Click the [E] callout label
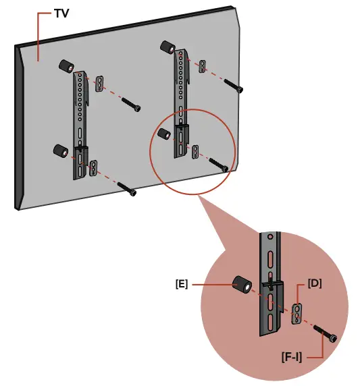pyautogui.click(x=181, y=284)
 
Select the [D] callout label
pyautogui.click(x=314, y=283)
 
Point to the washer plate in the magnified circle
pyautogui.click(x=297, y=313)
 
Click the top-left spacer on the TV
pyautogui.click(x=66, y=67)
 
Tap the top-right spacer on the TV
pyautogui.click(x=167, y=48)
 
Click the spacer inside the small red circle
pyautogui.click(x=163, y=134)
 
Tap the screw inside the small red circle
pyautogui.click(x=220, y=164)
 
